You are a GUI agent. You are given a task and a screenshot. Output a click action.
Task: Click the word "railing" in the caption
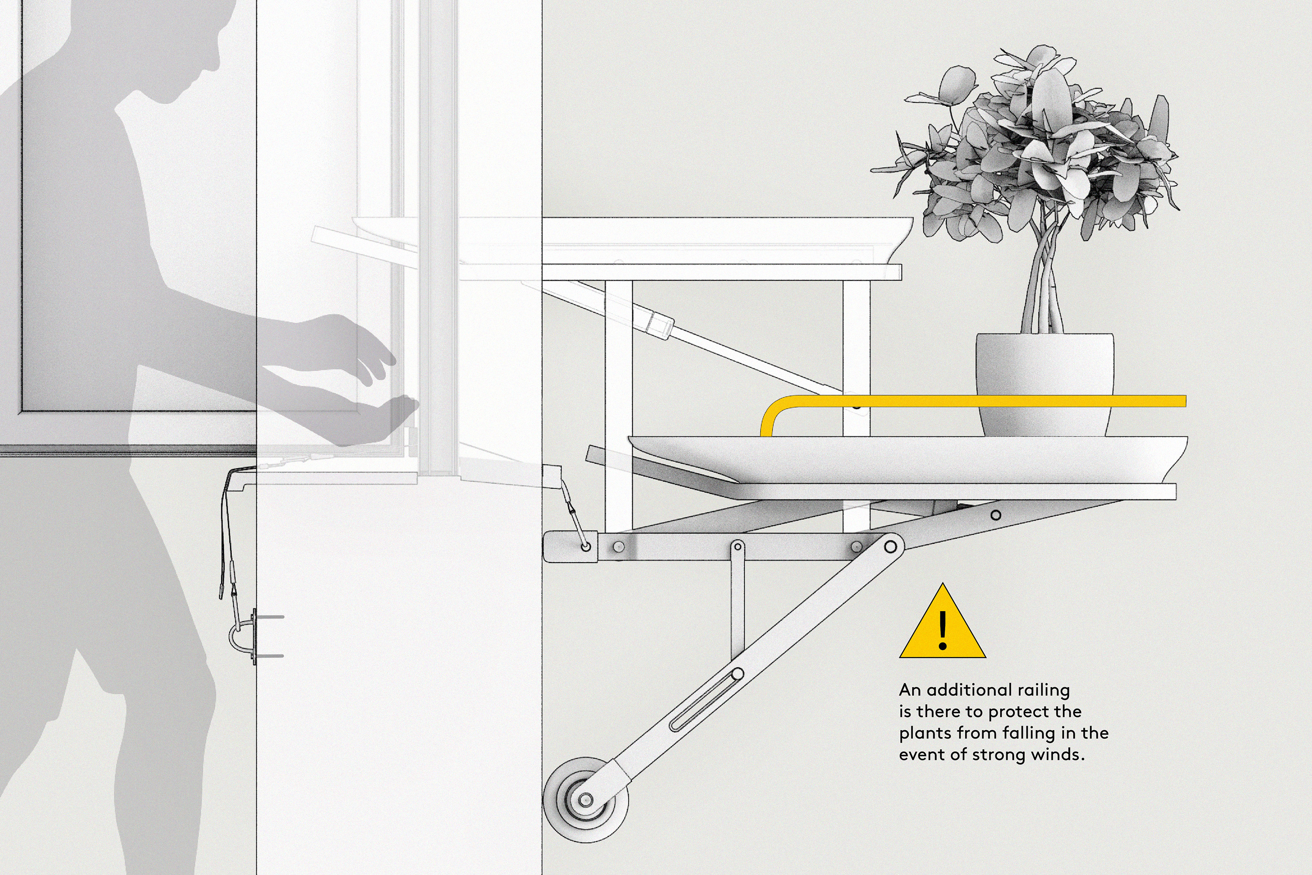[1043, 691]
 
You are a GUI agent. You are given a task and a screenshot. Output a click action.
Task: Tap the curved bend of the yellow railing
[773, 410]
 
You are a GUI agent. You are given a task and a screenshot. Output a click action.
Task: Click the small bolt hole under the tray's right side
[996, 515]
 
